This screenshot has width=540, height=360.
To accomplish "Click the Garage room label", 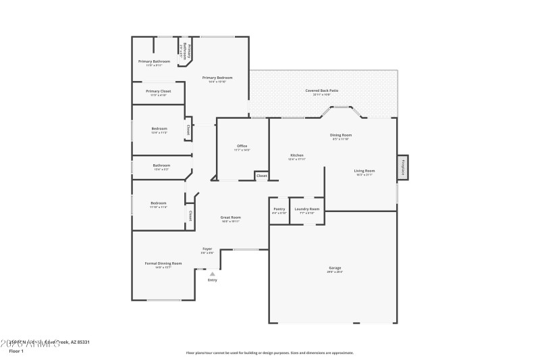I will tap(335, 268).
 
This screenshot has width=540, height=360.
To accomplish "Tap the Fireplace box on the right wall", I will tap(403, 166).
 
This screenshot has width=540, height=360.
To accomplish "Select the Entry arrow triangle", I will tap(213, 274).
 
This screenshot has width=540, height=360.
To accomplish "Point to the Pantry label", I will tap(279, 209).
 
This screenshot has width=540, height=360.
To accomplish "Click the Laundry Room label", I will tap(307, 209).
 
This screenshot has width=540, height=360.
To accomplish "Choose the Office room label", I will tap(242, 146).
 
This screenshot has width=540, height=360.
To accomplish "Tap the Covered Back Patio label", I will tap(321, 91).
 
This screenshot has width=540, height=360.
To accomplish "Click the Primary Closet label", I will tap(158, 91).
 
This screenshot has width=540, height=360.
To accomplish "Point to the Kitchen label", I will tap(297, 155).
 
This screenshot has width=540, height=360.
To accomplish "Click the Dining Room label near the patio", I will tap(341, 135).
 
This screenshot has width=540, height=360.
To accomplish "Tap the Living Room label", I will tap(364, 171).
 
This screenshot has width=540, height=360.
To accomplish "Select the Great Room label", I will tap(230, 217).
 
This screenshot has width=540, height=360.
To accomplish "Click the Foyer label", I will tap(208, 249).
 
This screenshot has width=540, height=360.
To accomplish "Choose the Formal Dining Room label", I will tap(163, 263).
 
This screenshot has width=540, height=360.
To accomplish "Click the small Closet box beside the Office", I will tap(262, 176).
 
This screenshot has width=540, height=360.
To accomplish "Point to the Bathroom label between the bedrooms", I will tap(161, 165).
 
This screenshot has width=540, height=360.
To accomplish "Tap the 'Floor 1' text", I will tap(16, 351).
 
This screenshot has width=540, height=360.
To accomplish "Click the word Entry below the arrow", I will tap(212, 280).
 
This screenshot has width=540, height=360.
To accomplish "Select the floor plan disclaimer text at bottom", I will tap(269, 353).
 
